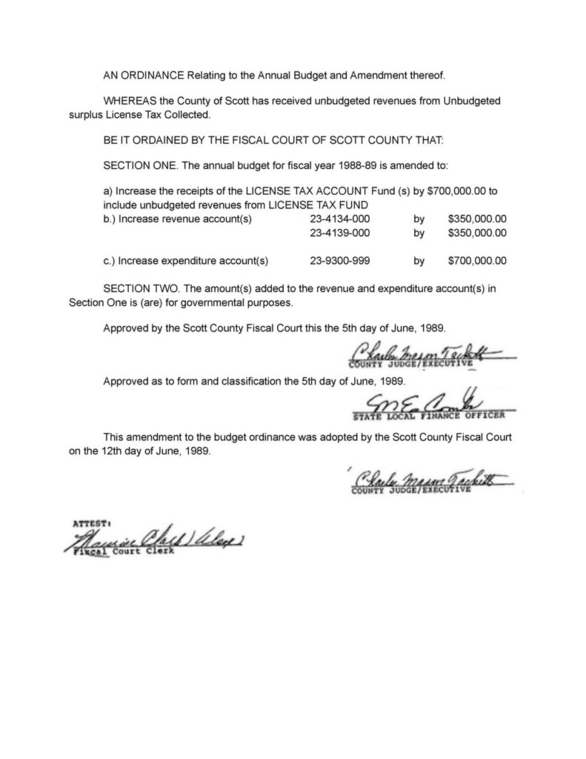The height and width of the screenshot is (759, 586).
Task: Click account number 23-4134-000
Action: [339, 219]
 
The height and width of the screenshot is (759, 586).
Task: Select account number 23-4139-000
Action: [339, 233]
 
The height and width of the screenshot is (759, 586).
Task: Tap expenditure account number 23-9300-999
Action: [339, 261]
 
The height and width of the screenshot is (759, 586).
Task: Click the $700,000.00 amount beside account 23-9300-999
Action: [477, 261]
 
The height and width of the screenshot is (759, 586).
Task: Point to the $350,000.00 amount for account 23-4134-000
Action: [477, 219]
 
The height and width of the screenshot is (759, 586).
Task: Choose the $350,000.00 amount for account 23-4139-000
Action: [477, 233]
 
